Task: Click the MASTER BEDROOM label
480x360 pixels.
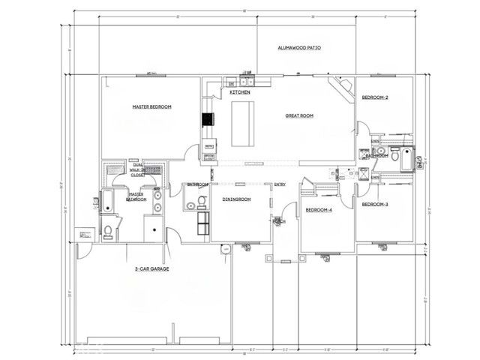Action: (151, 107)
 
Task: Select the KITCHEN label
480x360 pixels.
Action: (240, 92)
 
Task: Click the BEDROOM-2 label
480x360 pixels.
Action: (375, 97)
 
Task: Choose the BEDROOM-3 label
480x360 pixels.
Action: (375, 204)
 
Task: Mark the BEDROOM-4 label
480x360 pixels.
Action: (319, 210)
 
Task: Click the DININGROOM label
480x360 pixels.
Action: (235, 200)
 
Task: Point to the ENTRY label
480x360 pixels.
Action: (280, 184)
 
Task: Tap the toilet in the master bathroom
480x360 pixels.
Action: (108, 229)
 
